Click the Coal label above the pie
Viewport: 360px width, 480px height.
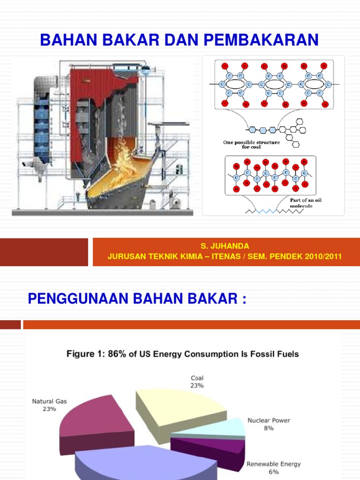tap(197, 377)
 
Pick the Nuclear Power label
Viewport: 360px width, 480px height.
tap(269, 420)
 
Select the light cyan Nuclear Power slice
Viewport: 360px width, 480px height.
tap(225, 427)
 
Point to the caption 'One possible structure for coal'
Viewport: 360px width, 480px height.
tap(251, 144)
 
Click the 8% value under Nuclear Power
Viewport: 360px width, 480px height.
tap(269, 428)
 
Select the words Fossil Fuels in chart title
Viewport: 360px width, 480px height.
tap(274, 354)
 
